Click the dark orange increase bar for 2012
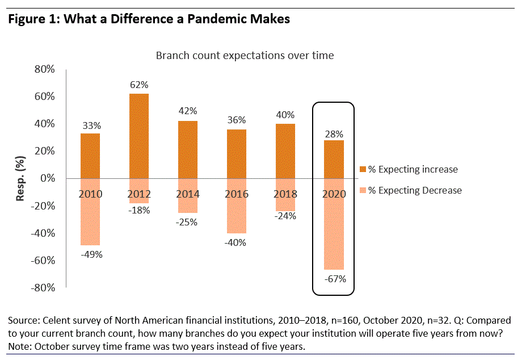click(139, 136)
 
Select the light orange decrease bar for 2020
click(334, 224)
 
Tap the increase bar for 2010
click(91, 156)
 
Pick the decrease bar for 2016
click(236, 206)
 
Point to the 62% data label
click(139, 85)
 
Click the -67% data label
click(334, 279)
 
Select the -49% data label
click(91, 254)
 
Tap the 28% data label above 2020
click(334, 134)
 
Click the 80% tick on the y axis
click(44, 69)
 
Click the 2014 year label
click(188, 194)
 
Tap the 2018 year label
click(285, 194)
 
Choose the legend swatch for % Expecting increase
click(363, 169)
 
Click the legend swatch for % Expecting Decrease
click(363, 190)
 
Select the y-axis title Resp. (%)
click(20, 178)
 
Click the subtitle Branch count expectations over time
click(245, 55)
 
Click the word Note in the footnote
click(18, 346)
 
